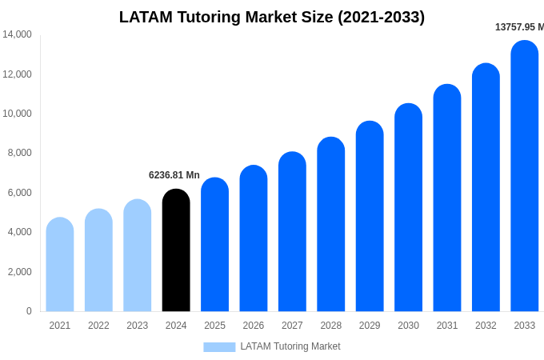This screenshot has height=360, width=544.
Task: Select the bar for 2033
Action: click(x=524, y=176)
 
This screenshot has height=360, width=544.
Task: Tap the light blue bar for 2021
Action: click(x=60, y=265)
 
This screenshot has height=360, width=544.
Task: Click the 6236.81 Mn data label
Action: click(x=174, y=175)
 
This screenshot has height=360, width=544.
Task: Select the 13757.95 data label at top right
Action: click(x=519, y=27)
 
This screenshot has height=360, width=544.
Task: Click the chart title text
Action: click(x=272, y=17)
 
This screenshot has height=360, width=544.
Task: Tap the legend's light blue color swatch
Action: click(x=219, y=346)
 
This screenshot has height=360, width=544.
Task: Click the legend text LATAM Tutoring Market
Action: click(x=290, y=346)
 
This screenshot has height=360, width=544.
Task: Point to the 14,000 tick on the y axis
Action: click(x=18, y=34)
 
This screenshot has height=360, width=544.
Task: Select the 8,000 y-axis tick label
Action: click(x=20, y=153)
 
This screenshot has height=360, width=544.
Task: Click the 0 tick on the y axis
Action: click(x=29, y=311)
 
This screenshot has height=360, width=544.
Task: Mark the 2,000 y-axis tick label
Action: click(x=20, y=272)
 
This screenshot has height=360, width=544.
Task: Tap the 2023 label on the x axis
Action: click(x=138, y=326)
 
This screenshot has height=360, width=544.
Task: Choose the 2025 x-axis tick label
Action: click(x=214, y=326)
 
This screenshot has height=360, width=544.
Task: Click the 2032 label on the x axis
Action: click(x=486, y=326)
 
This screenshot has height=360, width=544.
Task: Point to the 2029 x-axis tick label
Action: click(x=370, y=326)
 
